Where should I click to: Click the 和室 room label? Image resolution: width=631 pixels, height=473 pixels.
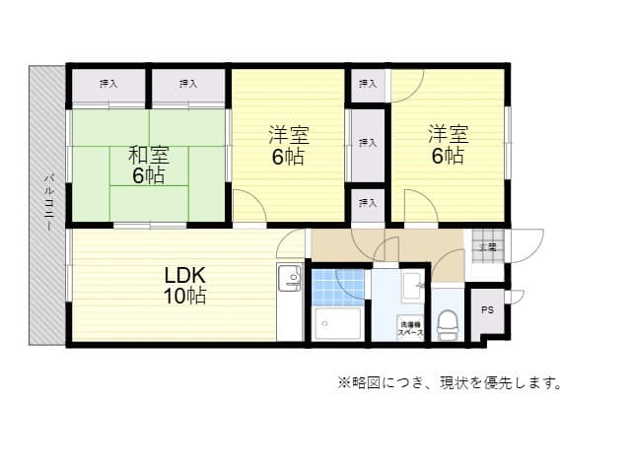point(149,155)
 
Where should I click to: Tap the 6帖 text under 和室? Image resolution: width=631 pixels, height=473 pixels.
point(149,175)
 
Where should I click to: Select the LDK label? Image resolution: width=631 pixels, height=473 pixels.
point(184,274)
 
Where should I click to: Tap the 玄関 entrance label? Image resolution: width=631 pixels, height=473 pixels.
point(487,246)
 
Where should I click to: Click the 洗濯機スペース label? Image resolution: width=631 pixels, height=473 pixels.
point(412,328)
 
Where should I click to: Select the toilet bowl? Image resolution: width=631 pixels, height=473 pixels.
point(449,322)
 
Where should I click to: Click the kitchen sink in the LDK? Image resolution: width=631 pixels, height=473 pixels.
point(290,280)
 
